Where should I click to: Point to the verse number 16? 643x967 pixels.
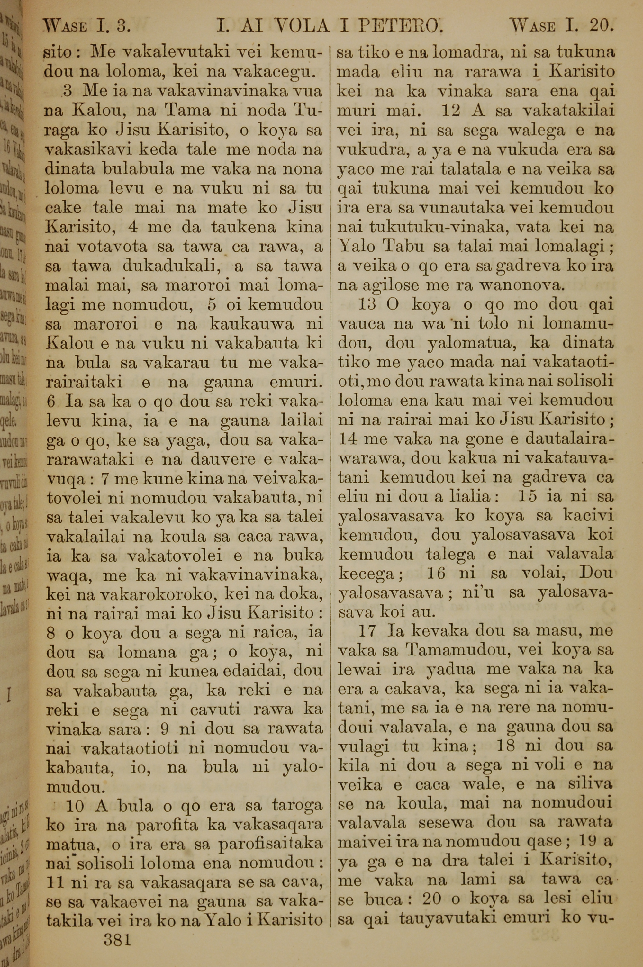[x=436, y=573]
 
